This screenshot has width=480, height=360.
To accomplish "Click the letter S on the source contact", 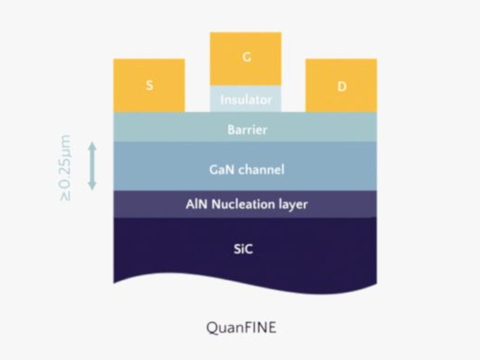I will click(149, 85).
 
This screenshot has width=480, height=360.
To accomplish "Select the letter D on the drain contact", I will click(341, 86).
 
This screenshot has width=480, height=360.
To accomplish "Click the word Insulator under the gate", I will click(245, 100).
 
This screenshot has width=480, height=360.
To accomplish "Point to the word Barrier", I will click(245, 129).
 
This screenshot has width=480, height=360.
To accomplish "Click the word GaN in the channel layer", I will click(217, 170).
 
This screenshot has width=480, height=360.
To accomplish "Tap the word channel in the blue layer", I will click(260, 170).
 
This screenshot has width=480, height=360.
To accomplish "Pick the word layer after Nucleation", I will click(290, 205).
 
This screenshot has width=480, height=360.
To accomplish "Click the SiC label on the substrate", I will click(245, 248).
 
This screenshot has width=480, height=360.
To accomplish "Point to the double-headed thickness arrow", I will click(92, 166).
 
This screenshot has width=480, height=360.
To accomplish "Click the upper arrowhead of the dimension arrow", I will click(92, 146).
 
